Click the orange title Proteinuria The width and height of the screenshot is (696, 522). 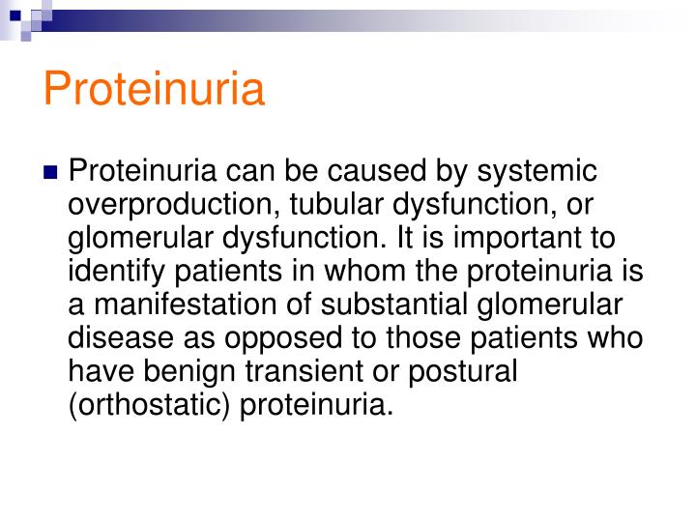point(154,89)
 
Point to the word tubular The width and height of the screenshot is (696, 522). point(333,206)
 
